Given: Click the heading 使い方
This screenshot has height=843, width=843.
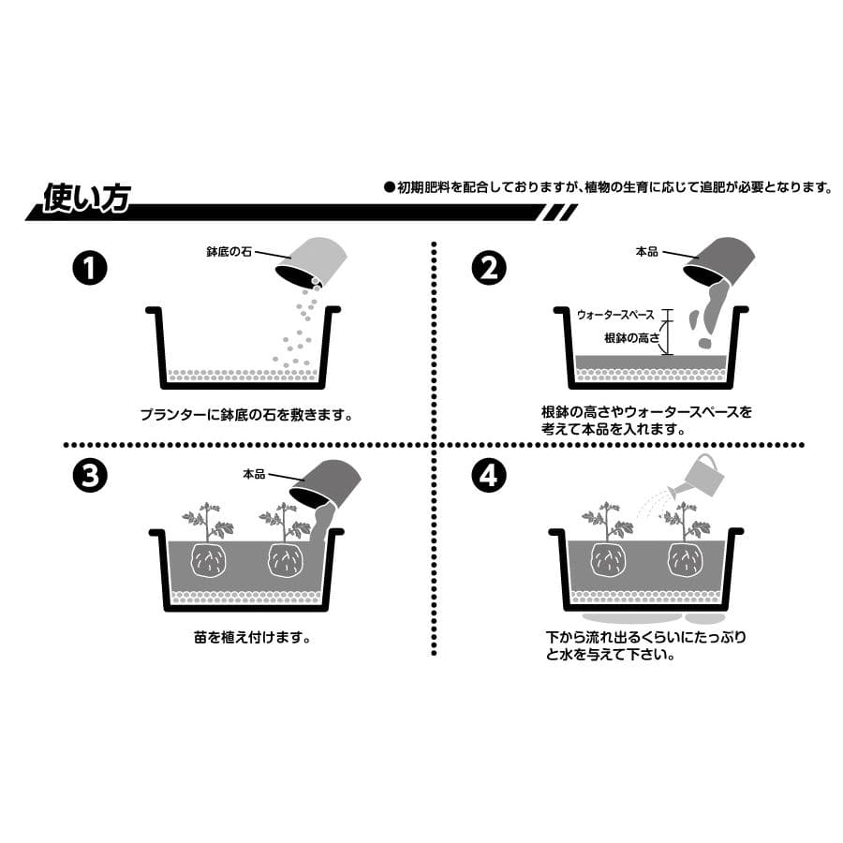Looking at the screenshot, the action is (86, 198).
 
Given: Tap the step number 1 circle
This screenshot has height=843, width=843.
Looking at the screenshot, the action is (90, 268).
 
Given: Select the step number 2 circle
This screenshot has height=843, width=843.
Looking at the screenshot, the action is (489, 268).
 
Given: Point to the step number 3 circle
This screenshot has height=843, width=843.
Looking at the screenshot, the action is (90, 475).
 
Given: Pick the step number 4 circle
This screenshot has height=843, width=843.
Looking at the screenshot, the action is (489, 475).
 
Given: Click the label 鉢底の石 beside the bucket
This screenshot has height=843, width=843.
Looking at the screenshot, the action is (229, 251).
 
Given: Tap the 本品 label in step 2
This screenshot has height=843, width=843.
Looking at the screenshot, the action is (646, 251).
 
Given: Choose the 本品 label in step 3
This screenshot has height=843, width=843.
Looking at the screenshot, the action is (254, 474).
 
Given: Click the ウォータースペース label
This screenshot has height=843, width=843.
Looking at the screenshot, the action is (615, 315).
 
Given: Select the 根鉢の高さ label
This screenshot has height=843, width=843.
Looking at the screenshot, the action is (631, 337).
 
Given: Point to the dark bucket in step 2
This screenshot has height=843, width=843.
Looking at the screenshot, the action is (718, 259).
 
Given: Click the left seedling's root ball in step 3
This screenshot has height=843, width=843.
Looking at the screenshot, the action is (208, 560).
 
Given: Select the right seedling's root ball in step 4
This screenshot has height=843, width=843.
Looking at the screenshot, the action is (686, 560).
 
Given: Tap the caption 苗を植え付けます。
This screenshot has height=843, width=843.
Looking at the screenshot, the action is (253, 638).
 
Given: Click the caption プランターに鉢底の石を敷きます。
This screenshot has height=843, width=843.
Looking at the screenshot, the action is (246, 415).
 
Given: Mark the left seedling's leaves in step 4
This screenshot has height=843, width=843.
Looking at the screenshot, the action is (608, 521).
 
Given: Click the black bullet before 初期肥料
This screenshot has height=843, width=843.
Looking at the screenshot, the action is (390, 187).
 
